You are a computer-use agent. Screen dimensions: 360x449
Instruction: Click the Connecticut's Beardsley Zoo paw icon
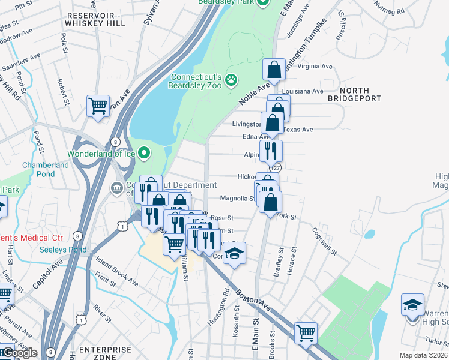coord(231,80)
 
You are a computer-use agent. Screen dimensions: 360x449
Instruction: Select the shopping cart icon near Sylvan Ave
coord(98,107)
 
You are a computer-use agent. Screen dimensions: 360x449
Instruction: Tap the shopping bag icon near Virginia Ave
coord(274,70)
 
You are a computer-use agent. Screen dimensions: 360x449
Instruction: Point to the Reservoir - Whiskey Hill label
coord(96,19)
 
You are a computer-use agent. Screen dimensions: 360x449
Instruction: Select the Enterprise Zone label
coord(106,353)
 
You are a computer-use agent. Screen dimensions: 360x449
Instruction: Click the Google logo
coord(19,353)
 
